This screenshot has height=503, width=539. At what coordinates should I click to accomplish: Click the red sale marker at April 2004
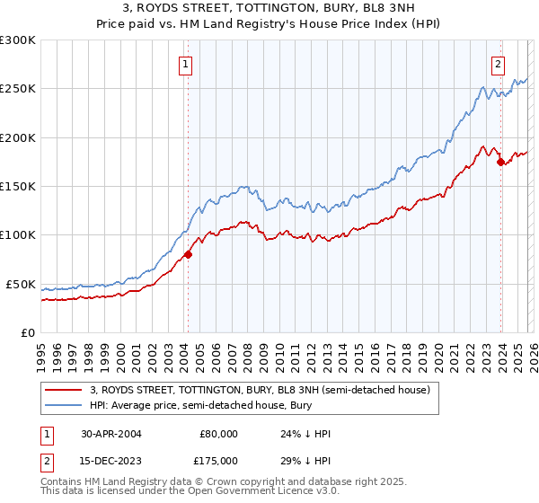coord(188,254)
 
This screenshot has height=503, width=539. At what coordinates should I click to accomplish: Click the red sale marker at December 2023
coord(500,162)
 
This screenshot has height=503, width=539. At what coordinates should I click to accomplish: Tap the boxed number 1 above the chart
coord(185,63)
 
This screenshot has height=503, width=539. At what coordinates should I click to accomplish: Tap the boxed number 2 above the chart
coord(498,63)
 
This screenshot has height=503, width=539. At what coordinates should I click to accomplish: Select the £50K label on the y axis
coord(21,284)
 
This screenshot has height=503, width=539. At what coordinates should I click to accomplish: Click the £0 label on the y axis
coord(28,332)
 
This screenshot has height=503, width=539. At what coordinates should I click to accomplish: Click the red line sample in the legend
coord(64,390)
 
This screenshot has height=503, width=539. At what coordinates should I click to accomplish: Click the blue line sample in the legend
coord(64,405)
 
